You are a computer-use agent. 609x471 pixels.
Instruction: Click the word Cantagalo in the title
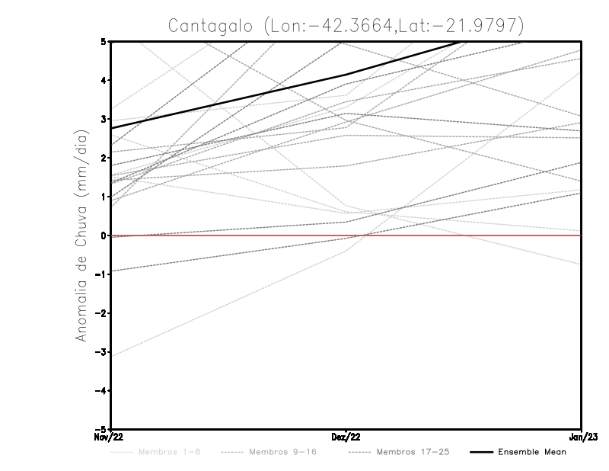click(x=212, y=25)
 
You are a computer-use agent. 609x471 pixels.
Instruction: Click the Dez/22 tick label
click(x=346, y=437)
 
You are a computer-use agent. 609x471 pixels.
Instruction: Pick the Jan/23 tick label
click(x=581, y=437)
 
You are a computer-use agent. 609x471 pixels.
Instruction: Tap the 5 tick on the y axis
click(x=103, y=41)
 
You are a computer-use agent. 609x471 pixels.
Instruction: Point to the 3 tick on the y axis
click(x=103, y=119)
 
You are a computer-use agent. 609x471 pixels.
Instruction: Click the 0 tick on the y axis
click(x=103, y=235)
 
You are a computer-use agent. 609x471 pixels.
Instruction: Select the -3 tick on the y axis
click(x=100, y=352)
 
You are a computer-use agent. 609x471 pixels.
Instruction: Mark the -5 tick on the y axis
click(x=100, y=430)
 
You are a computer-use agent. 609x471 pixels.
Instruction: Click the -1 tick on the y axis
click(x=100, y=274)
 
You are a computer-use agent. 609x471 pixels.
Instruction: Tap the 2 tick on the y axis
click(x=103, y=158)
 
